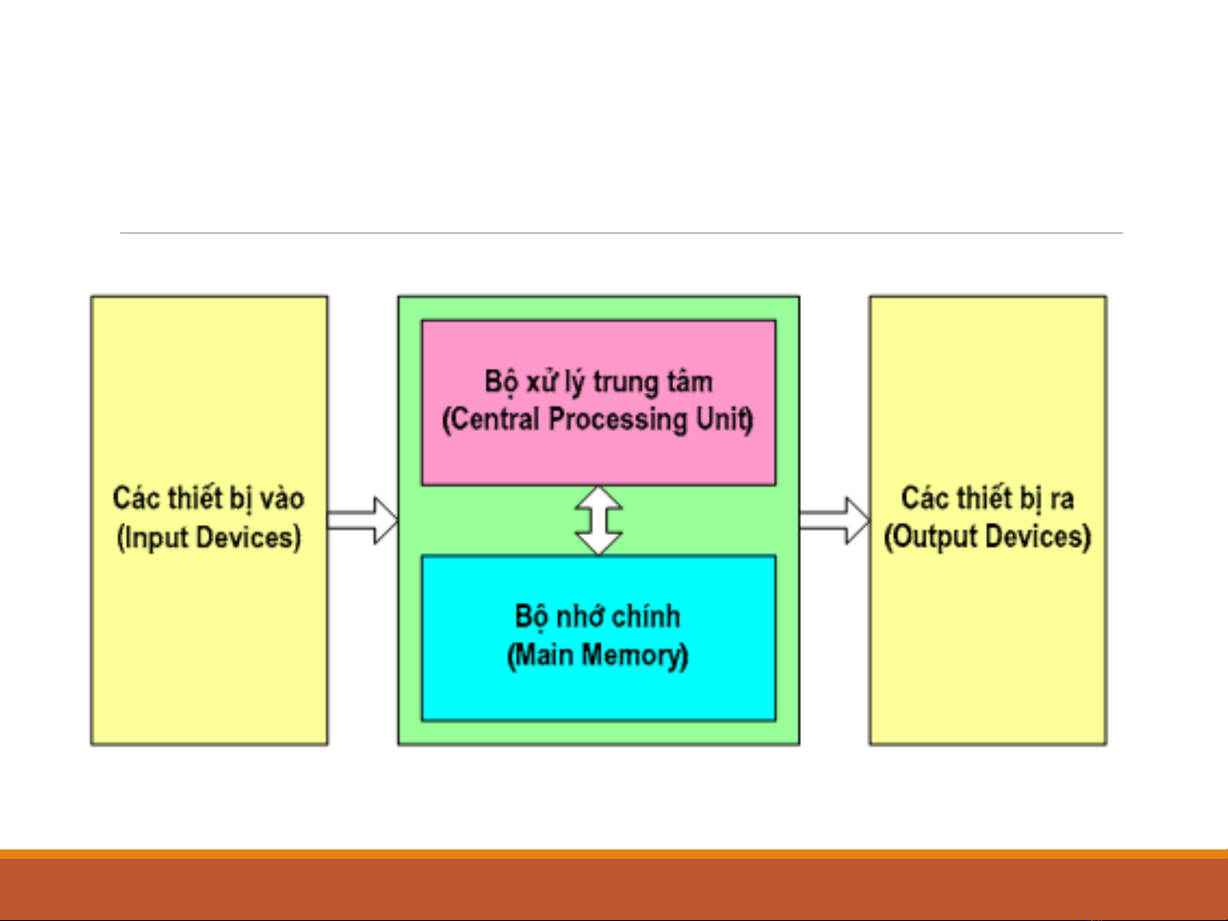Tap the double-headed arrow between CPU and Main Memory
tap(599, 520)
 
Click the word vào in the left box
tap(282, 498)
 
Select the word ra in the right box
tap(1062, 498)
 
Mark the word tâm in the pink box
tap(692, 382)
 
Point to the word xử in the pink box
tap(541, 382)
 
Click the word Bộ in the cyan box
tap(532, 617)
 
